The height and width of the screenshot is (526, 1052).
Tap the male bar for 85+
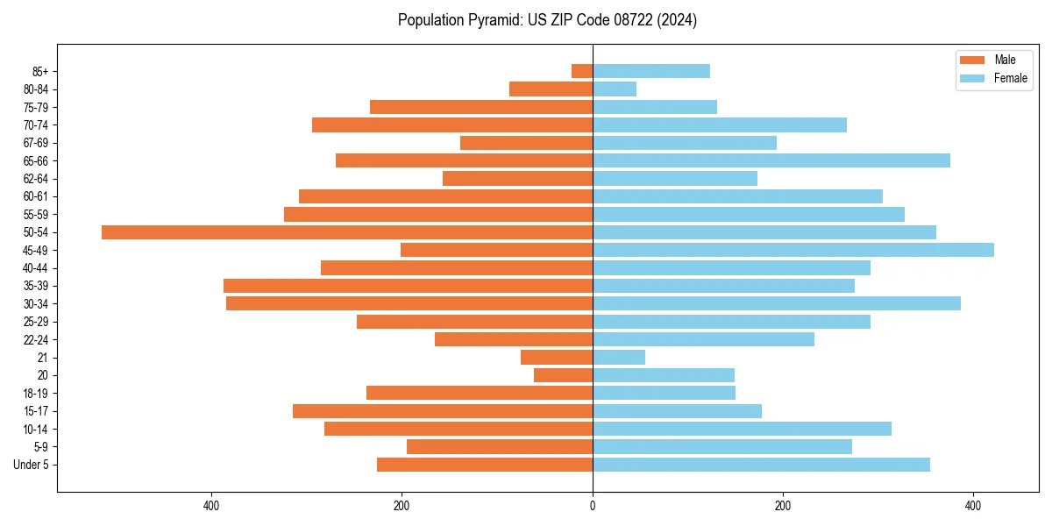point(582,71)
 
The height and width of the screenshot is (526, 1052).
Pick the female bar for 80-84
point(615,89)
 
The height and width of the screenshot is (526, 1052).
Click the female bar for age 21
point(619,358)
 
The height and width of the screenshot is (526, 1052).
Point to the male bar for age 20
point(563,375)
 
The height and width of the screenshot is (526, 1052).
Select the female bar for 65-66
point(771,160)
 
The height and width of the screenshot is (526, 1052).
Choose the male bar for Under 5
point(485,465)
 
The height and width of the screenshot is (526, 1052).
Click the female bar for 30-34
point(777,303)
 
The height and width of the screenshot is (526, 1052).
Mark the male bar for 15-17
point(443,411)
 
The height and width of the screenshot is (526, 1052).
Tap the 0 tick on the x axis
point(593,506)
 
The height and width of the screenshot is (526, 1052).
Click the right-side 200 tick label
point(783,506)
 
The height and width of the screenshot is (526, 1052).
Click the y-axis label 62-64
point(36,179)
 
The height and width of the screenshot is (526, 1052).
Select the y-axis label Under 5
point(32,465)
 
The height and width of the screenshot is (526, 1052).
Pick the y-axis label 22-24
point(36,339)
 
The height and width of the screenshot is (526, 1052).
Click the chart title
point(547,20)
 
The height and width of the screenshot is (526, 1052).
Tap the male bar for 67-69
point(526,143)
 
